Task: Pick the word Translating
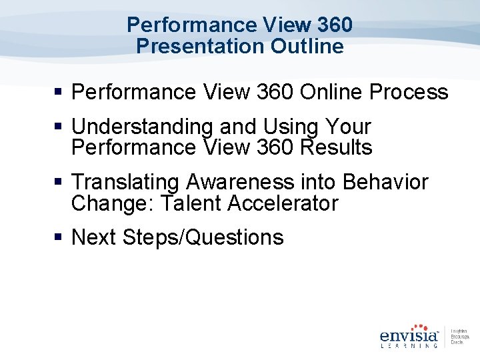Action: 126,182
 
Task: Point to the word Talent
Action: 189,203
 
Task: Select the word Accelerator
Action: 283,203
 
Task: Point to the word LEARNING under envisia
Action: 409,345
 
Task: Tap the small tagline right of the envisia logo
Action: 460,337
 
